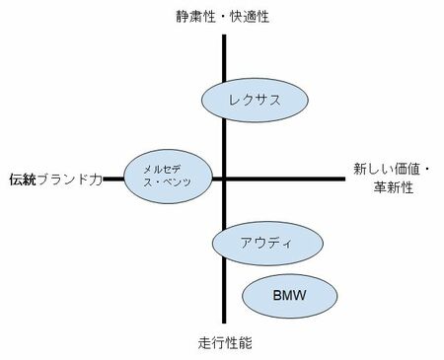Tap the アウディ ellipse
pos(267,244)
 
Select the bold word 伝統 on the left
pos(22,180)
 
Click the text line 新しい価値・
pos(390,170)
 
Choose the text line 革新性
pos(377,187)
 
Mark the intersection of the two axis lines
pos(225,179)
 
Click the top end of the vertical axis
pos(225,35)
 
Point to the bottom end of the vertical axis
pos(225,324)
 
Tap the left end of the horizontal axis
pos(106,179)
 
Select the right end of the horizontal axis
pos(345,179)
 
